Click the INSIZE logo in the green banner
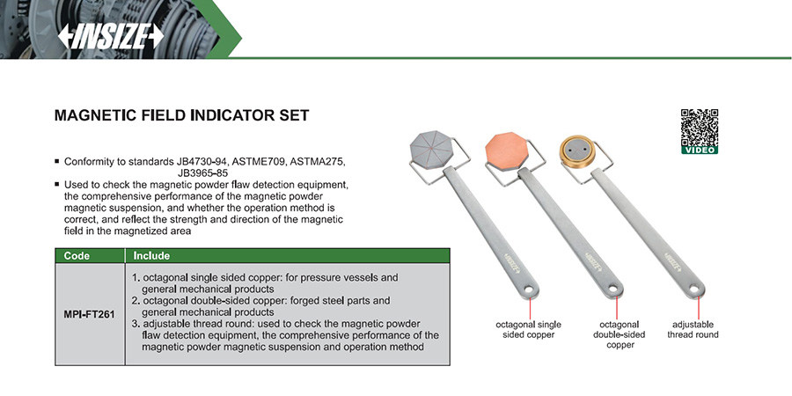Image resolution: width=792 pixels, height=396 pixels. pyautogui.click(x=111, y=36)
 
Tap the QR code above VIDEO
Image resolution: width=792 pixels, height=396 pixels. pyautogui.click(x=700, y=126)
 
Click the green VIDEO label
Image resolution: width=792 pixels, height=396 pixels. pyautogui.click(x=700, y=150)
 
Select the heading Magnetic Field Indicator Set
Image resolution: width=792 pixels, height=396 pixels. pyautogui.click(x=181, y=115)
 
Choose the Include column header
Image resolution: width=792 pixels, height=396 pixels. pyautogui.click(x=151, y=255)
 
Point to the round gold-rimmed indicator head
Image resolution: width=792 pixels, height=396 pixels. pyautogui.click(x=577, y=150)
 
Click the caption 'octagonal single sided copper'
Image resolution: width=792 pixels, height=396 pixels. pyautogui.click(x=529, y=330)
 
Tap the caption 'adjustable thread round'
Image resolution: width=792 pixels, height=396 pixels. pyautogui.click(x=693, y=329)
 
